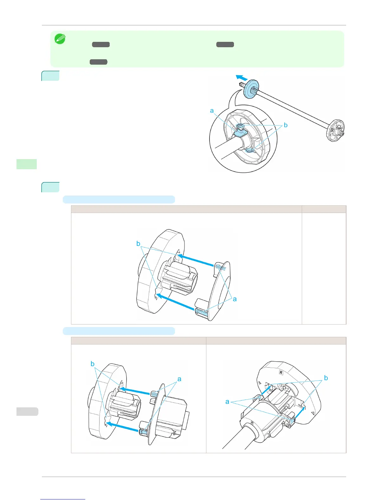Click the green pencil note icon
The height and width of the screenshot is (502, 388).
60,39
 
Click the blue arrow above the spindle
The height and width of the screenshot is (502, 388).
241,77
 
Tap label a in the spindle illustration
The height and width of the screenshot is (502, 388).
212,111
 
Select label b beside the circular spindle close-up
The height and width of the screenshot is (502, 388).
286,125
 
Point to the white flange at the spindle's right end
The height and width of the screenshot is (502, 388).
335,130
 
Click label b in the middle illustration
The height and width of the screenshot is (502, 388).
138,243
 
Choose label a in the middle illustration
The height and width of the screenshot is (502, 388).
235,299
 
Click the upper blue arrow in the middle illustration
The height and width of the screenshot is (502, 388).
195,260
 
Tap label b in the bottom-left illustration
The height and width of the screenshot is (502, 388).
93,364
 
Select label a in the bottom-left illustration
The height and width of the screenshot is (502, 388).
179,379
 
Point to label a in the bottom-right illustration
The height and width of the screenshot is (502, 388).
227,402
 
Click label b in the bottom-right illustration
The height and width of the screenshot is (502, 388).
326,378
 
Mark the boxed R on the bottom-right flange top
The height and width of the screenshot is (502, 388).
281,373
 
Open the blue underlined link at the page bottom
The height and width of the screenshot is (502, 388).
63,499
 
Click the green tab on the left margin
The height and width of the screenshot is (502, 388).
27,164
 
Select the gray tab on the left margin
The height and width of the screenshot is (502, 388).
27,411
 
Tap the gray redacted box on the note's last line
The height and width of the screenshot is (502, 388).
98,62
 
